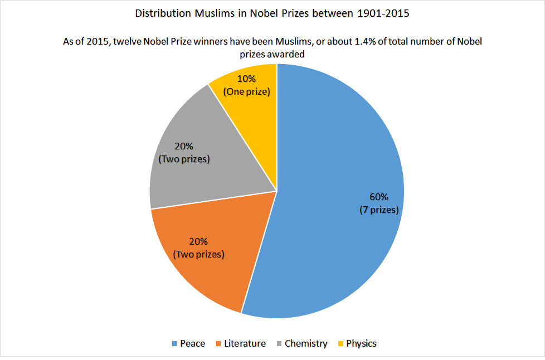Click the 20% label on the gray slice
(x=184, y=146)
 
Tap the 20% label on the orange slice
(x=198, y=241)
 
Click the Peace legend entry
(x=192, y=343)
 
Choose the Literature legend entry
(x=244, y=343)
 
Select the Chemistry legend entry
(x=305, y=343)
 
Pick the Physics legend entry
(x=361, y=343)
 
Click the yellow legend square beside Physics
(x=340, y=343)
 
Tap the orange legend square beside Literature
(x=218, y=343)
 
